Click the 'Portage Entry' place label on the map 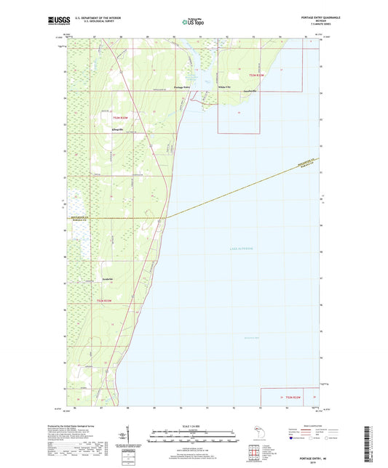tap(182, 87)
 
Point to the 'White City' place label tap(224, 87)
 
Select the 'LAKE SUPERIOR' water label tap(237, 249)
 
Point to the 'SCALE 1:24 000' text tap(192, 427)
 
